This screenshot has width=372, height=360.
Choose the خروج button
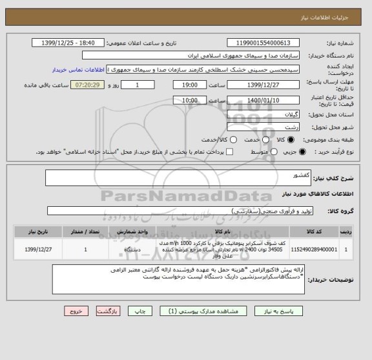(x=77, y=311)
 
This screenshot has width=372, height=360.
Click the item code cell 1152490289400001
(x=313, y=248)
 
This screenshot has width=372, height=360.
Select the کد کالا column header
(x=313, y=230)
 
